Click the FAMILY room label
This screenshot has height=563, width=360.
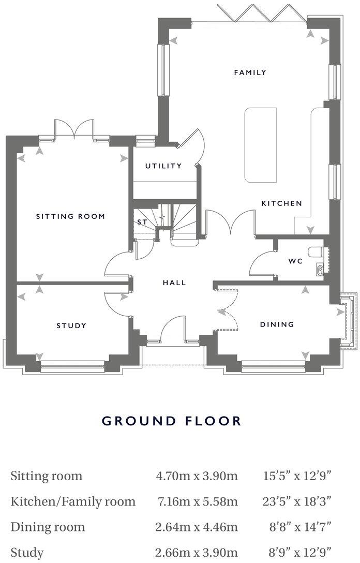click(x=250, y=72)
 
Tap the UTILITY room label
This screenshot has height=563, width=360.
click(x=163, y=166)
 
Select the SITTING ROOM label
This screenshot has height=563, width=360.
click(x=70, y=216)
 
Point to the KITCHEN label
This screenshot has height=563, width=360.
click(x=281, y=203)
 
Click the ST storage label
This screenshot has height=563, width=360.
click(x=142, y=222)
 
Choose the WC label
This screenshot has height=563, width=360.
click(x=295, y=261)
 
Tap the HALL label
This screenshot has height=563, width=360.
click(x=174, y=283)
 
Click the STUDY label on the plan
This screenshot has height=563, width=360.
click(x=71, y=325)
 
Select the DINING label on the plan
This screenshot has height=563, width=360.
click(x=277, y=324)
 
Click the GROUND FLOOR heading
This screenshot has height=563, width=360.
click(x=172, y=420)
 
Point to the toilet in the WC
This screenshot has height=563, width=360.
click(x=316, y=252)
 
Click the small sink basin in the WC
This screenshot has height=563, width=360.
click(x=319, y=269)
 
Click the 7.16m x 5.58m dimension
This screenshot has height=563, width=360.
click(x=197, y=501)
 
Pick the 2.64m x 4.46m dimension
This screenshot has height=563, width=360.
click(x=197, y=527)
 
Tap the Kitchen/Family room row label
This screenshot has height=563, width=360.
click(x=73, y=501)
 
